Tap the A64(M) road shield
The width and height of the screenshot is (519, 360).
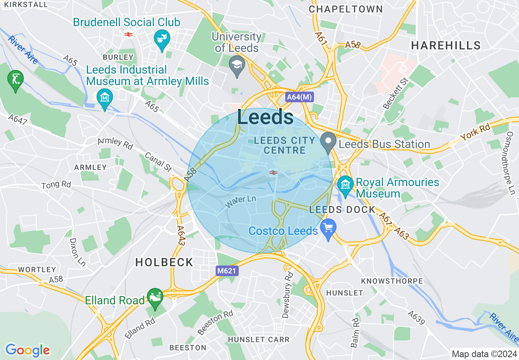[x=299, y=97]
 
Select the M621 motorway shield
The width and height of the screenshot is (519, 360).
[x=227, y=270]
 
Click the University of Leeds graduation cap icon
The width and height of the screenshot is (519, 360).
[x=236, y=65]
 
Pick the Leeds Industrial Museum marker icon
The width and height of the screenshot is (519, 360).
[x=105, y=98]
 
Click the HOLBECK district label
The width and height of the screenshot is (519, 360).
[x=164, y=262]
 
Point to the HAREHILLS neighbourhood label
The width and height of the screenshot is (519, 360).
[x=446, y=45]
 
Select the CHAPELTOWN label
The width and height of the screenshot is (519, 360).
[x=346, y=9]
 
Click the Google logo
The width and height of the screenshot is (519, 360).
[x=27, y=350]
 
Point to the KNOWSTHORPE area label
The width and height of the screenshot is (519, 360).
[x=392, y=281]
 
